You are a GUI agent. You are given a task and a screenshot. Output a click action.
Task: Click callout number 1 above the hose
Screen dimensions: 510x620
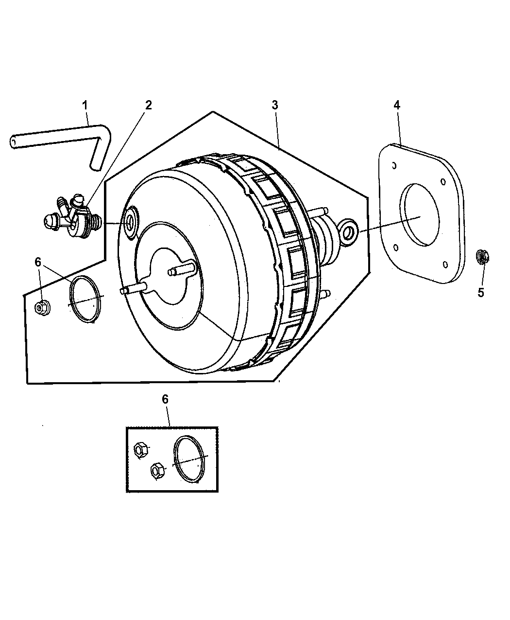pos(85,106)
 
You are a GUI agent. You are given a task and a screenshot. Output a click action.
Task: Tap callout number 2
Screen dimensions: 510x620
pos(148,105)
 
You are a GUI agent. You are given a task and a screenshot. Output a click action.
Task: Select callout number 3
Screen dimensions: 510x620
pos(275,105)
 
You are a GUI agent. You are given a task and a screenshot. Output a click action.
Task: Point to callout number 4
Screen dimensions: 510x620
pos(397,105)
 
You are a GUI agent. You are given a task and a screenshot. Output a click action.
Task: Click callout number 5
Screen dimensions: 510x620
pos(481,292)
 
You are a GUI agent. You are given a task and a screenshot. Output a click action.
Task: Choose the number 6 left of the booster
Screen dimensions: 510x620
pos(38,262)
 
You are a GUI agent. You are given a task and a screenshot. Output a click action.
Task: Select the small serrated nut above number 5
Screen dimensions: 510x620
pos(482,257)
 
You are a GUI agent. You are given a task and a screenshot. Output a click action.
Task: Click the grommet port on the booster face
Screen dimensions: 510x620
pos(130,222)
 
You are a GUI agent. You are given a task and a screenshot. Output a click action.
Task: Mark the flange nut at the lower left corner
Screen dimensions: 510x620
pos(42,307)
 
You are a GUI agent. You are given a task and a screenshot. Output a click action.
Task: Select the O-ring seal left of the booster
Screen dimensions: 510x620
pos(85,300)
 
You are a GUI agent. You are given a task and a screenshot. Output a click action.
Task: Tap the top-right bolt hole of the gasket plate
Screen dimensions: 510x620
pos(443,181)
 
